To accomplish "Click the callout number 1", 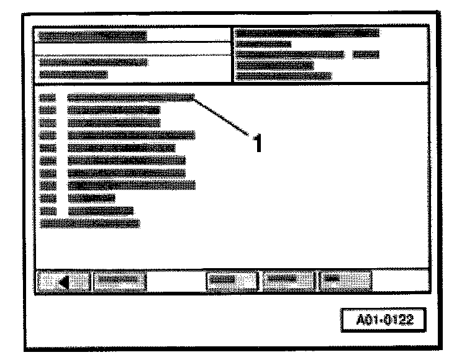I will click(254, 142).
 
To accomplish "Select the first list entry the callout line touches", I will click(130, 97).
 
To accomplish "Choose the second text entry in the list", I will click(114, 110).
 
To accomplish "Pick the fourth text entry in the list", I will click(130, 135).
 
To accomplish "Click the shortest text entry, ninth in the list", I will click(91, 197).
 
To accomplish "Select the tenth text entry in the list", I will click(100, 210).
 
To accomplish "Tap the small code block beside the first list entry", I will click(47, 97).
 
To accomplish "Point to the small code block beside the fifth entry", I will click(47, 148).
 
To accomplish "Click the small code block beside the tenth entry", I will click(47, 210).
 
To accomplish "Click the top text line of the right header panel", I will click(308, 33).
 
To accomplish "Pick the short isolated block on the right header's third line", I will click(365, 55).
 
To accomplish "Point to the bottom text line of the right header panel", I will click(284, 76).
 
